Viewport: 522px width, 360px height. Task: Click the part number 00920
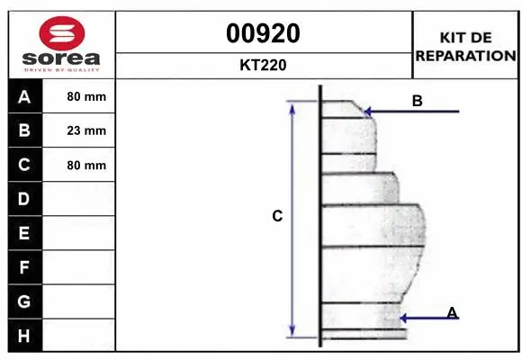264,34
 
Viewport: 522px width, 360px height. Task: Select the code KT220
264,66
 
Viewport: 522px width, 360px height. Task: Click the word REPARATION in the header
466,56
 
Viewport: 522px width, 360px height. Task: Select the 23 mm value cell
86,130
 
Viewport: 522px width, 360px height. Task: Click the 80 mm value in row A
86,96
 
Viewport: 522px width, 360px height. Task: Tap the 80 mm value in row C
86,165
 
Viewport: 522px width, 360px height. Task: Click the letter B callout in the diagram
417,101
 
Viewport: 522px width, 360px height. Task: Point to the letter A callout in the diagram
452,311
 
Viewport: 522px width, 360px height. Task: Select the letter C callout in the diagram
277,216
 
